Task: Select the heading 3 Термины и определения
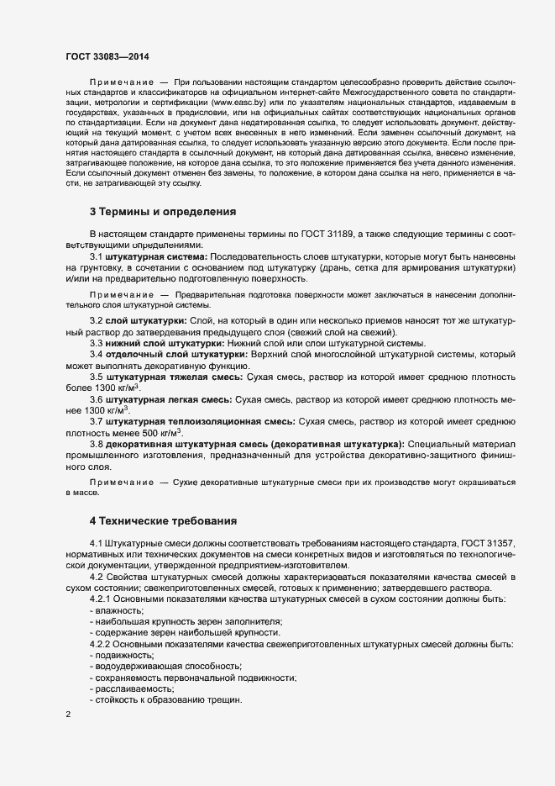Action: pos(162,211)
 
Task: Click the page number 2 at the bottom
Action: pos(68,715)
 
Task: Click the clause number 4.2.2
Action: pos(102,643)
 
